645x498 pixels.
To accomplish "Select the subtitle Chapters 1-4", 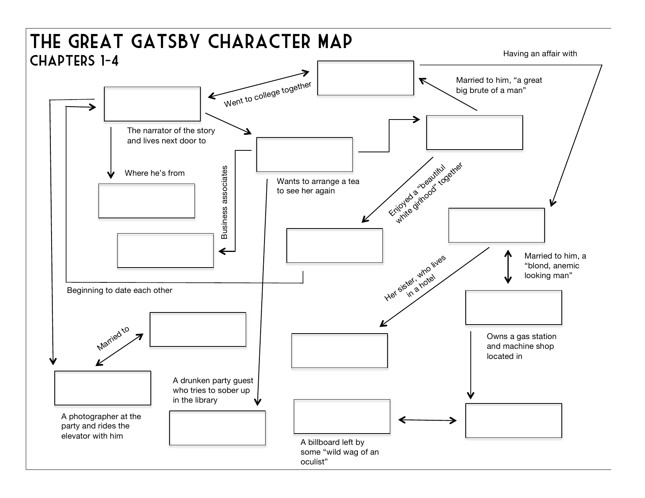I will pos(74,61).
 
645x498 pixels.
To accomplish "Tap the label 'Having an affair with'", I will pos(540,54).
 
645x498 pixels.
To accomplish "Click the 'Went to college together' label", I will pos(268,95).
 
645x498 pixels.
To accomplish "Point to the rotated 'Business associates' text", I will pos(224,202).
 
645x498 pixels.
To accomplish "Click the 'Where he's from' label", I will pos(155,173).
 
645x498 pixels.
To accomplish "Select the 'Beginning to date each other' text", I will pos(120,290).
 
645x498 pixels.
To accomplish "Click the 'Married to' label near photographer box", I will pos(113,338).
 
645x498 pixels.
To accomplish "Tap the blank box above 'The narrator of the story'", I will pos(152,104).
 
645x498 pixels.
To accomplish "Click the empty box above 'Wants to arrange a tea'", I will pos(304,154).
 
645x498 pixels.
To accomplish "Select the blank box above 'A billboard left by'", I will pos(342,416).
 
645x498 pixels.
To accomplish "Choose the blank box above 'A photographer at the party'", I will pos(102,388).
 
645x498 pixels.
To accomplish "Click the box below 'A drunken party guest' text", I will pos(217,428).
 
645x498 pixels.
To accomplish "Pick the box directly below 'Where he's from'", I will pos(147,201).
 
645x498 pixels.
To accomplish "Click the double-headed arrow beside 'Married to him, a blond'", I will pos(508,267).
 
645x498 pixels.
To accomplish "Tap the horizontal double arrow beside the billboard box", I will pos(427,420).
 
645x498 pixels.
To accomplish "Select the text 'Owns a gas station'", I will pos(521,336).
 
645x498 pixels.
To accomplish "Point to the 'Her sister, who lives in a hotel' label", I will pos(415,278).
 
